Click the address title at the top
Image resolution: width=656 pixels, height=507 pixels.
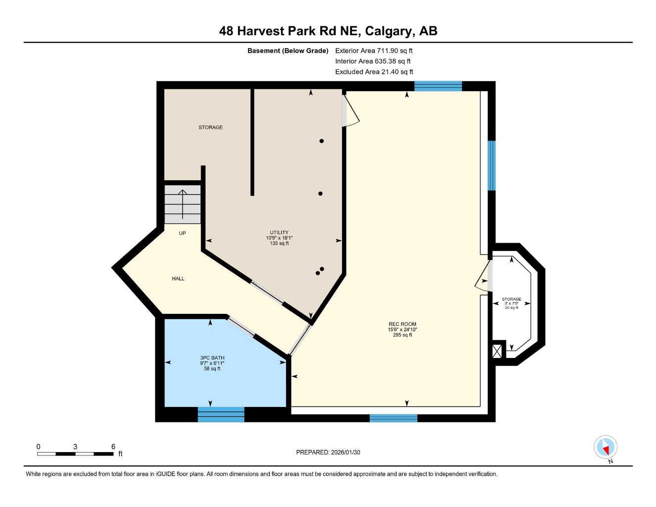pyautogui.click(x=328, y=31)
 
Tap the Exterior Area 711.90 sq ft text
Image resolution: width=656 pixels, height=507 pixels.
pyautogui.click(x=374, y=51)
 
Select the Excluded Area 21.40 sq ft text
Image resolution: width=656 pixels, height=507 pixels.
pyautogui.click(x=374, y=72)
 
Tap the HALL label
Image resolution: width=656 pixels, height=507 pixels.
pyautogui.click(x=178, y=279)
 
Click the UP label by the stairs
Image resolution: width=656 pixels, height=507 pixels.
pyautogui.click(x=182, y=233)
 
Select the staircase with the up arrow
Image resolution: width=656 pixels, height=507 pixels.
pyautogui.click(x=183, y=204)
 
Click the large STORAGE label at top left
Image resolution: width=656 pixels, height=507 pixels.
pyautogui.click(x=210, y=127)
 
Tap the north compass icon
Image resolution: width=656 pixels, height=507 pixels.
pyautogui.click(x=606, y=448)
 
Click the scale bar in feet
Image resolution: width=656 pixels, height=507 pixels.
pyautogui.click(x=75, y=454)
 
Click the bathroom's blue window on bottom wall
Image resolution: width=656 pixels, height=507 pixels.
pyautogui.click(x=221, y=414)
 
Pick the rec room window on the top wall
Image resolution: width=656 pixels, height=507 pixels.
pyautogui.click(x=438, y=86)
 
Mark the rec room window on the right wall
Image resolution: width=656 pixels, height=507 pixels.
pyautogui.click(x=492, y=165)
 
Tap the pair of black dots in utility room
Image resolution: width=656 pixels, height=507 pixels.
pyautogui.click(x=320, y=271)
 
